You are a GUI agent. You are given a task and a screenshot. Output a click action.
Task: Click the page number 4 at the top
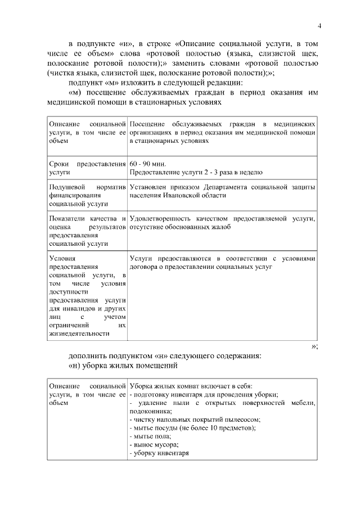(x=319, y=25)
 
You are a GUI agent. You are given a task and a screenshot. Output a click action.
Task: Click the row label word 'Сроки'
(x=59, y=164)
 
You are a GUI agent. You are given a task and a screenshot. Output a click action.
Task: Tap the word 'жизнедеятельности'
(x=79, y=334)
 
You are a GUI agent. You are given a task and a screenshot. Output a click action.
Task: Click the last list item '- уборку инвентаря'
(x=159, y=453)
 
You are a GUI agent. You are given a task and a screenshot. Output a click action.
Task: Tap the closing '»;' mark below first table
(x=314, y=346)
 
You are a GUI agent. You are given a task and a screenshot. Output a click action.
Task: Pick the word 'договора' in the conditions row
(x=143, y=267)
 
